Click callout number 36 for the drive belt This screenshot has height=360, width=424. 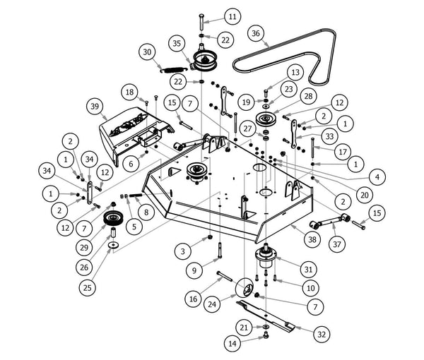(257, 33)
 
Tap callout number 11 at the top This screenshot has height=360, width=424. (232, 16)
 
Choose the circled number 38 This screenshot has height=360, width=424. (312, 239)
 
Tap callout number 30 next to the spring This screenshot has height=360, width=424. (147, 52)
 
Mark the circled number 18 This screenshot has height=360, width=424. (129, 92)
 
